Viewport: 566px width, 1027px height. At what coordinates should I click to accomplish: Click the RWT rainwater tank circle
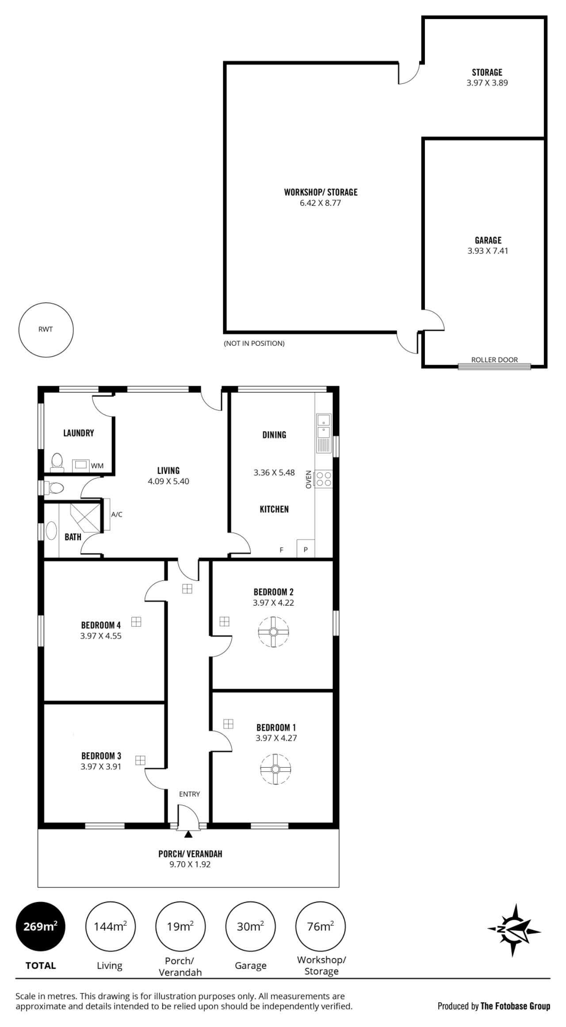point(46,330)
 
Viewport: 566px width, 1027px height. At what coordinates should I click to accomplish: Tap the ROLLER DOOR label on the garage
point(494,360)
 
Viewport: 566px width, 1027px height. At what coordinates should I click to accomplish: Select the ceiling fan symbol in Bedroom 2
point(273,632)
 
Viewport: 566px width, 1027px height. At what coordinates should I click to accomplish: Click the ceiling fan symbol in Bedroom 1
point(275,769)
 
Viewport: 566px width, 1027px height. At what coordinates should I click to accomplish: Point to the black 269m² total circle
point(40,926)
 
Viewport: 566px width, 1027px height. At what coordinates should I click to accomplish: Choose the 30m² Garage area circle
point(250,926)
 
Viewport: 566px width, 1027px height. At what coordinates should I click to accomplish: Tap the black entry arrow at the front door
point(188,834)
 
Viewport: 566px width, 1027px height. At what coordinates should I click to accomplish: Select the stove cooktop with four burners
point(323,479)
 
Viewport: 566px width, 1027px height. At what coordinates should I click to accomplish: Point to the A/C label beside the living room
point(117,514)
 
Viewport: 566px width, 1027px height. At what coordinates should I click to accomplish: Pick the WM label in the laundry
point(97,466)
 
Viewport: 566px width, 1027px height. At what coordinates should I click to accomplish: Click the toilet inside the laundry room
point(57,461)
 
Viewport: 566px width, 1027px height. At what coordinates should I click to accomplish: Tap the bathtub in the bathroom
point(51,531)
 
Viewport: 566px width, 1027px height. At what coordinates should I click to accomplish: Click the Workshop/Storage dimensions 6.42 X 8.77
point(320,203)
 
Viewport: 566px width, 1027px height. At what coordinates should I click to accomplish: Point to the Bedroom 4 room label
point(101,625)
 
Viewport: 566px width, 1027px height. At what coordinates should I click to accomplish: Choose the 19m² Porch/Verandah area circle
point(180,926)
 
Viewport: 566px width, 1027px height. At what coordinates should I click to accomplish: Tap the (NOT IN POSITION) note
point(254,343)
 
